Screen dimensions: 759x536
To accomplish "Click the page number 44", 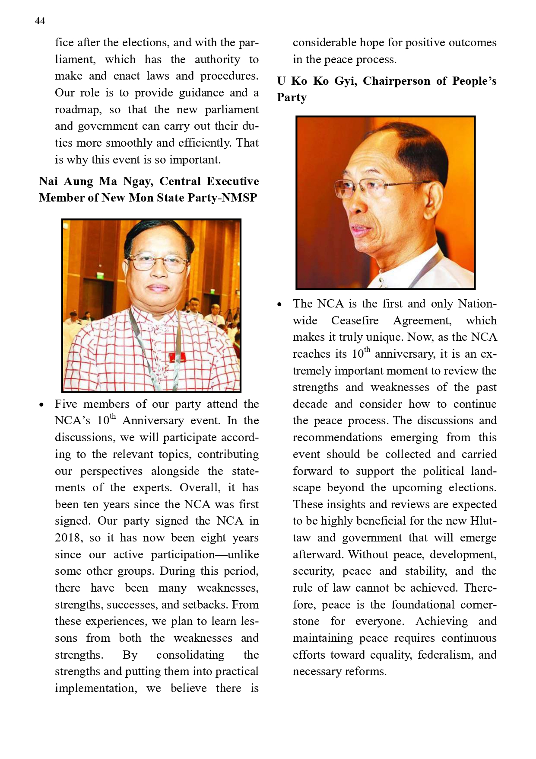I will (40, 21).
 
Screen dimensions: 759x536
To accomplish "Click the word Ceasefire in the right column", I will (355, 320).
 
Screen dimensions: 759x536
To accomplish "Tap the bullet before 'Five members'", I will (41, 405).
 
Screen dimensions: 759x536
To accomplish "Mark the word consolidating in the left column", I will (190, 655).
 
